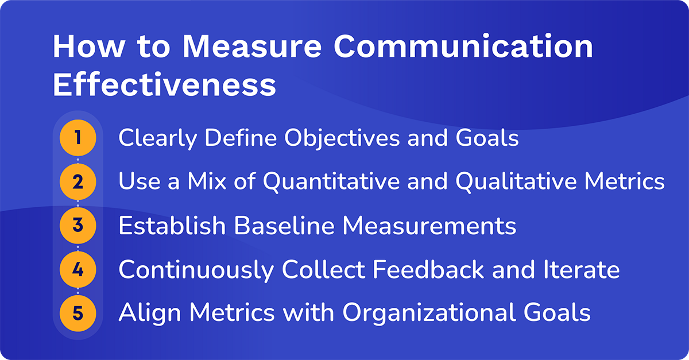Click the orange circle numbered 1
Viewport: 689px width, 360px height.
[78, 138]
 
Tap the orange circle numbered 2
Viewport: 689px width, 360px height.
[78, 182]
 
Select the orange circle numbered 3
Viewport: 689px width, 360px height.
[78, 226]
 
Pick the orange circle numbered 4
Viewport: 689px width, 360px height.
[78, 269]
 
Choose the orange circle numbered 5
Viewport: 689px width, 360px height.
[78, 313]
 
